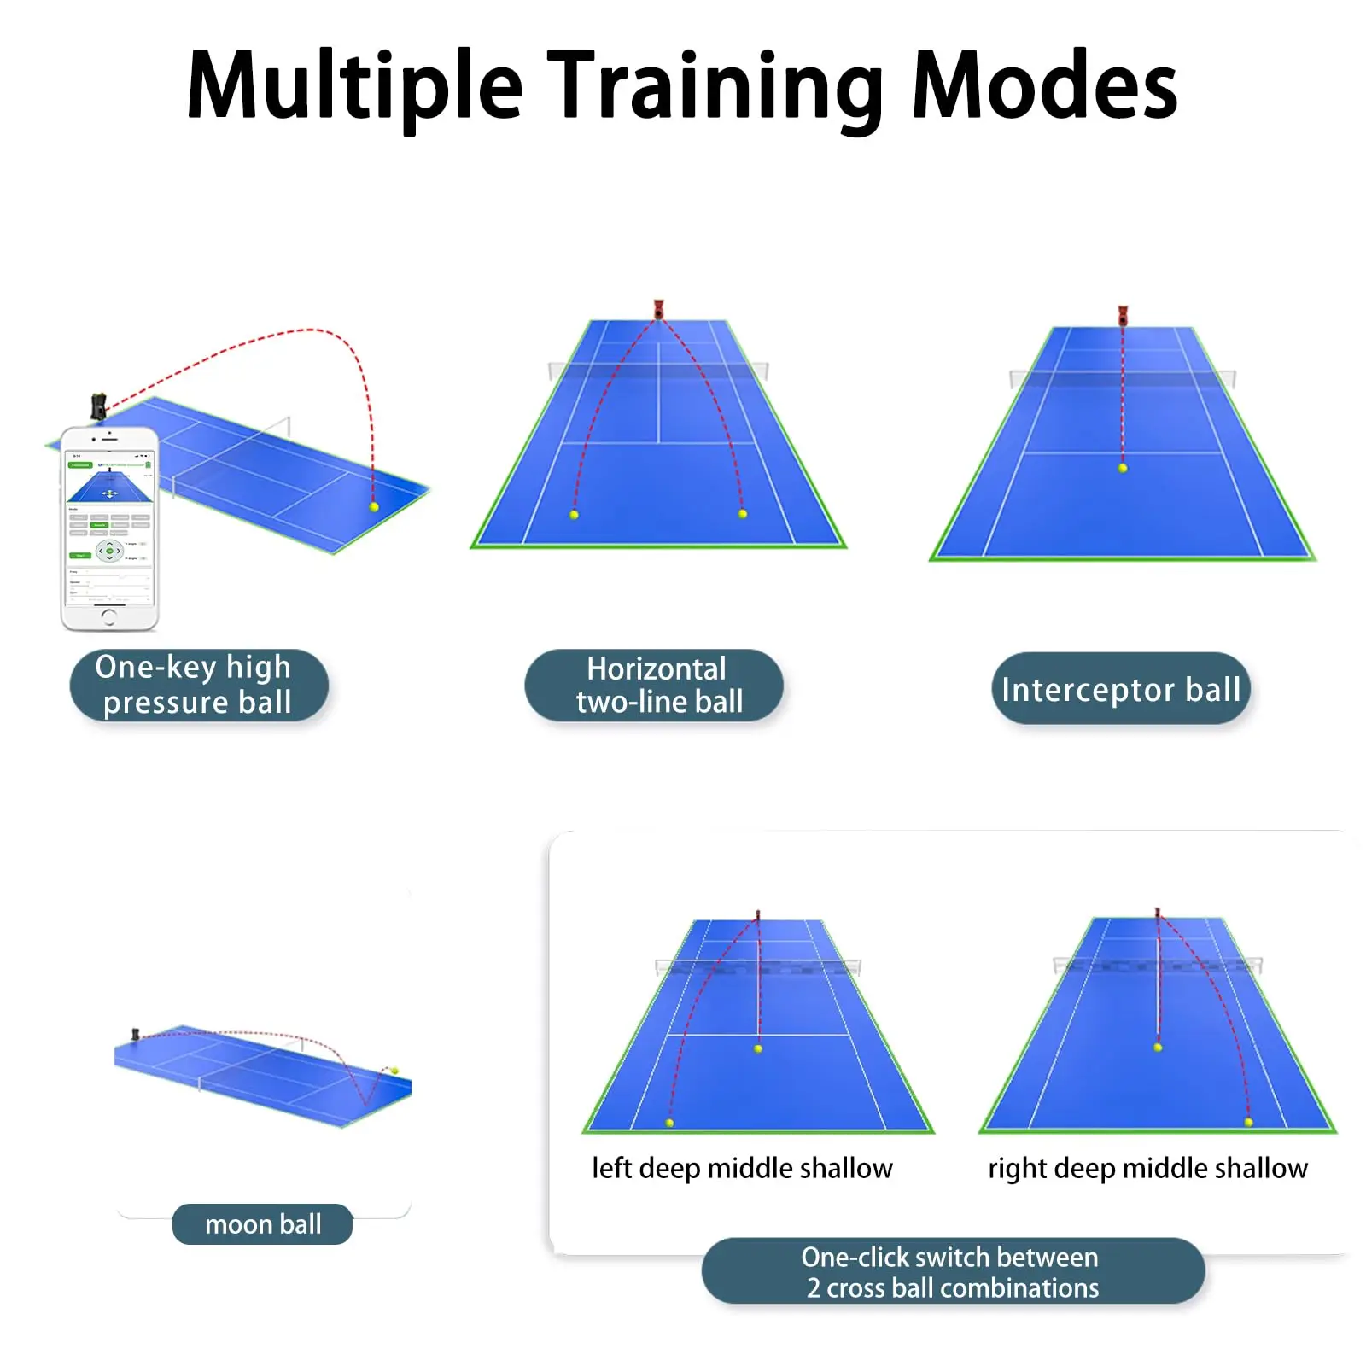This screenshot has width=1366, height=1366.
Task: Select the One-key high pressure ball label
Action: coord(198,685)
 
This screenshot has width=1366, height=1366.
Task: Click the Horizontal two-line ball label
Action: coord(655,685)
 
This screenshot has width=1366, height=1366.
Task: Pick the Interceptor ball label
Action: coord(1120,689)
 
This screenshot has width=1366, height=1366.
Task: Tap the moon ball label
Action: coord(262,1223)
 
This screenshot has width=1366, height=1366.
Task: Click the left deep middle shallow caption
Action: coord(742,1167)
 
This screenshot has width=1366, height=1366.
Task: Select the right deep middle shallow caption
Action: coord(1147,1167)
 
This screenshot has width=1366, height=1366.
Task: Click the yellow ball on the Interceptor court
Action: coord(1123,468)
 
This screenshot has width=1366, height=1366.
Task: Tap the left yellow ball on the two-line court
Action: coord(574,515)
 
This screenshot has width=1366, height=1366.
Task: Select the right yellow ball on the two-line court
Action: coord(743,514)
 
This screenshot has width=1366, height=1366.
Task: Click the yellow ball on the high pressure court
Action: coord(374,506)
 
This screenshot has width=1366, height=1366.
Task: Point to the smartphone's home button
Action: coord(109,614)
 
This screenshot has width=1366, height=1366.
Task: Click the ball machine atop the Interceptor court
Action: coord(1123,315)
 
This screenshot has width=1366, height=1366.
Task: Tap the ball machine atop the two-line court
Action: coord(658,309)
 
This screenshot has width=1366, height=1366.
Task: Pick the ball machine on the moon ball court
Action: coord(135,1034)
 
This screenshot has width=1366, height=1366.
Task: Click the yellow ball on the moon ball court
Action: coord(394,1070)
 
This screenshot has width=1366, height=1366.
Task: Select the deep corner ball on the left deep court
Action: coord(669,1123)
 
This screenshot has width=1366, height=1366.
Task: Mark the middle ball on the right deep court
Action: coord(1158,1047)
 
